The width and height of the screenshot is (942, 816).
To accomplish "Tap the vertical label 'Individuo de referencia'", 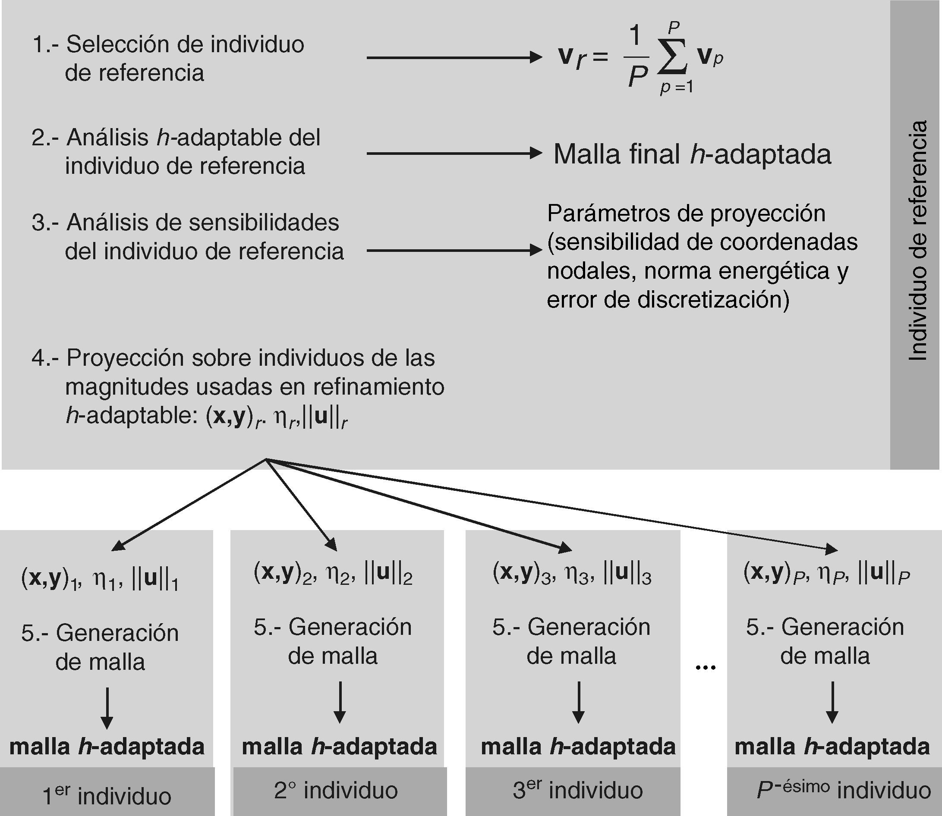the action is pyautogui.click(x=917, y=240).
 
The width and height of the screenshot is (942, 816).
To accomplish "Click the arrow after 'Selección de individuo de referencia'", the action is pyautogui.click(x=454, y=58).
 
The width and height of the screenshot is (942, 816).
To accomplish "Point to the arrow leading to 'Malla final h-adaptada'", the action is pyautogui.click(x=454, y=154).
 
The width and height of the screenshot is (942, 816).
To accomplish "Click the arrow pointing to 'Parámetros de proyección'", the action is pyautogui.click(x=454, y=250).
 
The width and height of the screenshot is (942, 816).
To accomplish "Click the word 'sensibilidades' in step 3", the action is pyautogui.click(x=264, y=223).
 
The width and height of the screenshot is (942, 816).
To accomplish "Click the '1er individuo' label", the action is pyautogui.click(x=107, y=795).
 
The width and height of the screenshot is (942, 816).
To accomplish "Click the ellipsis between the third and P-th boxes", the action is pyautogui.click(x=706, y=668).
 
